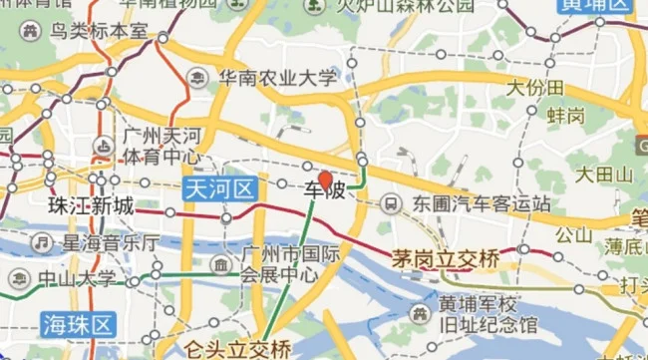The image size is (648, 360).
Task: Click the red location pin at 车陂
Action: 324,180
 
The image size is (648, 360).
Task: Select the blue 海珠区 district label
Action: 79,322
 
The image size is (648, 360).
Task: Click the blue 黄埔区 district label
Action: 595,6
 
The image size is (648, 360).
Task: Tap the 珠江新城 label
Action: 90,206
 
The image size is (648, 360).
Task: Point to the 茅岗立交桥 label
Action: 446,258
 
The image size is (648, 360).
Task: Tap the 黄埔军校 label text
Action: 479,304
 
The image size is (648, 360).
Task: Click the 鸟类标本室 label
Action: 99,33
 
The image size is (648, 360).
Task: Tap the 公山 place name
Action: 573,235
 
